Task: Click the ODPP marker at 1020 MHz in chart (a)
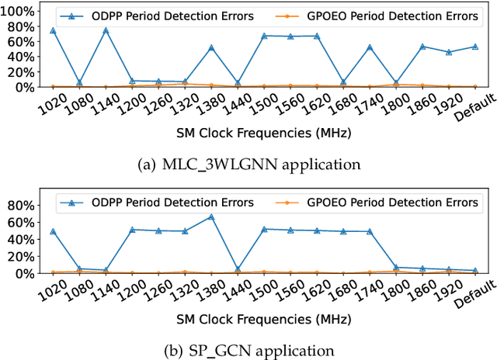click(x=53, y=30)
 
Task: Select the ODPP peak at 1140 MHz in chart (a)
click(x=106, y=30)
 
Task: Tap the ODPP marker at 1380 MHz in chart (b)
click(x=211, y=217)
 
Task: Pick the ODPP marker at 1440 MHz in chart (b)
click(x=238, y=269)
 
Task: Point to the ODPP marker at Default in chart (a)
click(x=475, y=47)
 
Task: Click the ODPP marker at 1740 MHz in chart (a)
click(x=370, y=47)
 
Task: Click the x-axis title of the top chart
click(x=264, y=133)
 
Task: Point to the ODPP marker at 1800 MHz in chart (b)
click(x=396, y=267)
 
